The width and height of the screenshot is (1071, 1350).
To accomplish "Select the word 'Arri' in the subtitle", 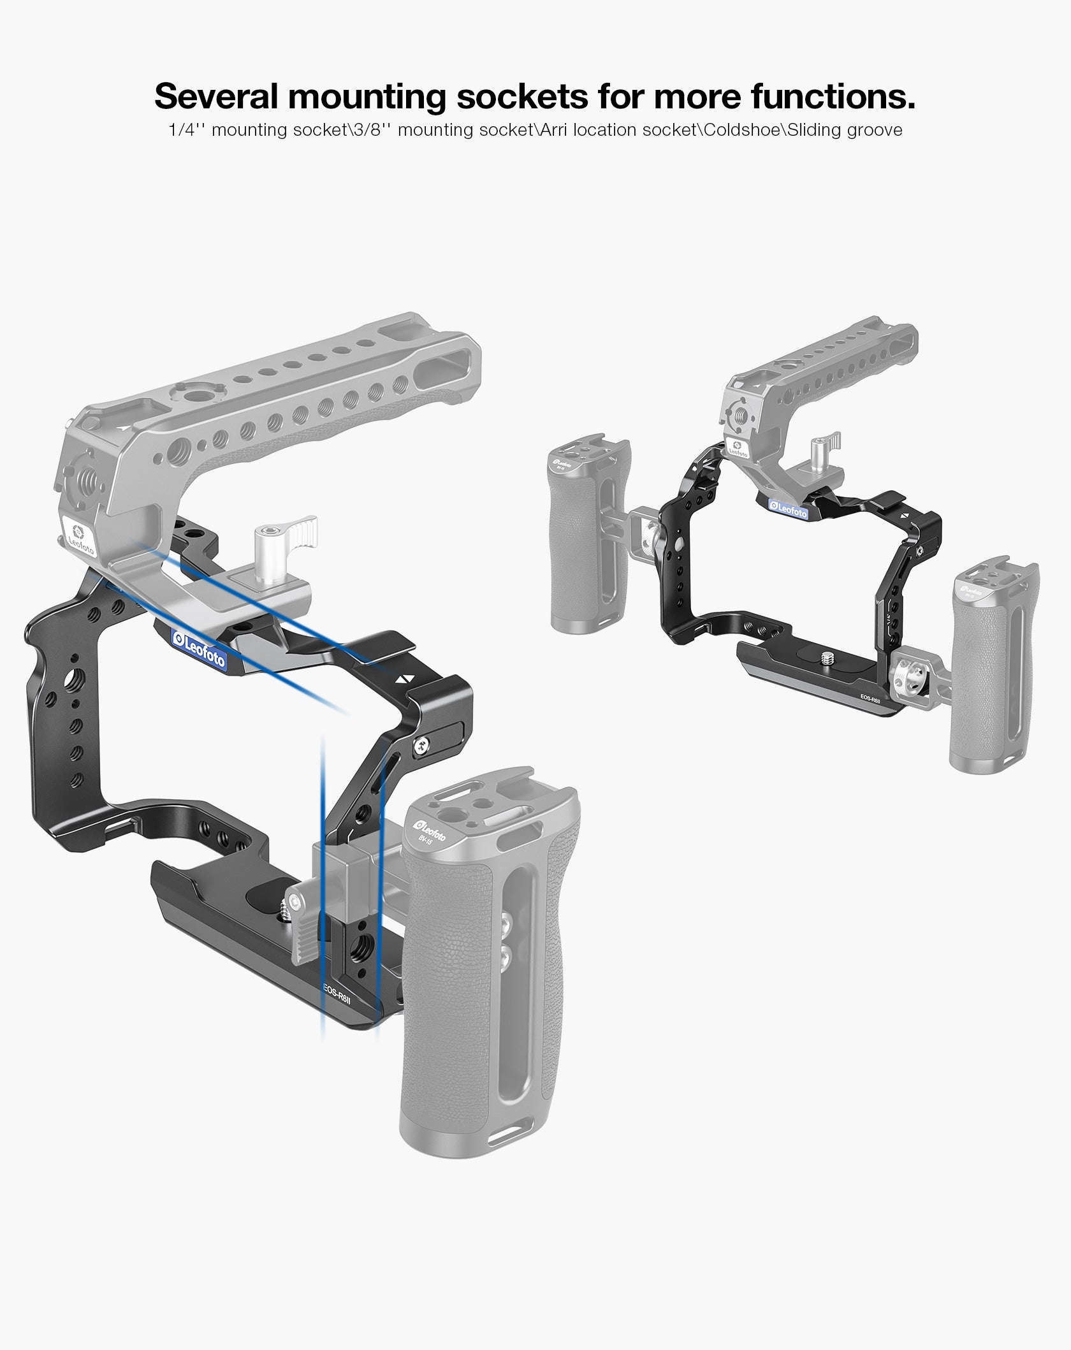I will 554,130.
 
